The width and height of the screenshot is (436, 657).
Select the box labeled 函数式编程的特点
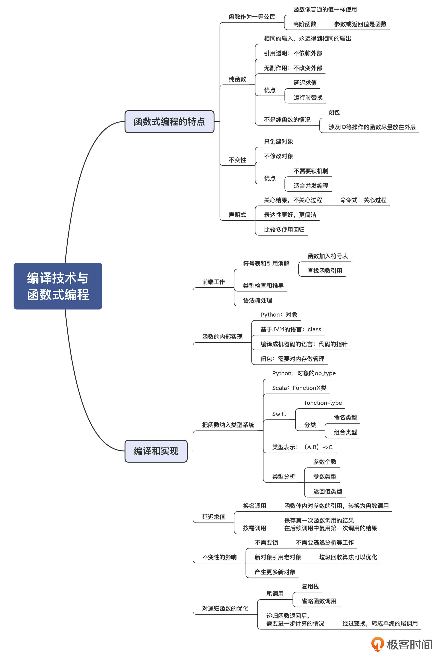coord(169,122)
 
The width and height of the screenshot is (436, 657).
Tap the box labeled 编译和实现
coord(156,451)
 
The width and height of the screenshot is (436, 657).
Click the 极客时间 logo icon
coord(377,644)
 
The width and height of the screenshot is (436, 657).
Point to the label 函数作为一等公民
coord(252,17)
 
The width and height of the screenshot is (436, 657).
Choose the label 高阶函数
coord(305,24)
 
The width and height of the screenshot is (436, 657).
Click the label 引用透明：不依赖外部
coord(293,53)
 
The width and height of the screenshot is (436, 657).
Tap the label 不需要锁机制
coord(311,171)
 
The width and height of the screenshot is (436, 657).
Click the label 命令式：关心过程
coord(363,200)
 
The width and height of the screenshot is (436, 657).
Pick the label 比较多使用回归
coord(284,230)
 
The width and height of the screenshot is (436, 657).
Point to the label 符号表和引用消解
coord(266,263)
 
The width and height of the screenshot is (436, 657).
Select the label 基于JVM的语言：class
coord(291,330)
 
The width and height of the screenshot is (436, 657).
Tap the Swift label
coord(279,414)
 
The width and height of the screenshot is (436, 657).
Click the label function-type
coord(323,403)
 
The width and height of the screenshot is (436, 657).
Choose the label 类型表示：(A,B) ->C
coord(302,447)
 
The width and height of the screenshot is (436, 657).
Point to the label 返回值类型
coord(328,491)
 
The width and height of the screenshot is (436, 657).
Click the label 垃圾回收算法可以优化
coord(348,557)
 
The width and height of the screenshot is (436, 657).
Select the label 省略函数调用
coord(319,601)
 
